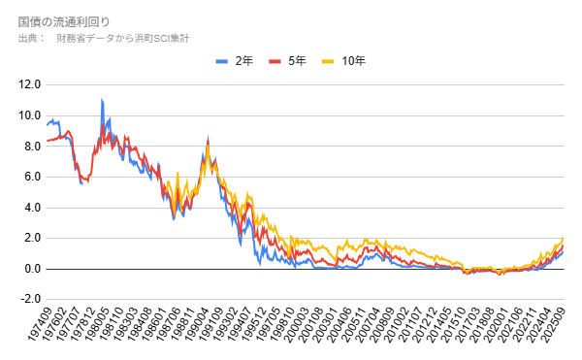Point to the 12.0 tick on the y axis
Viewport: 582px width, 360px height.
29,85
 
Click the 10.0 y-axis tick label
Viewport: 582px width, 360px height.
29,115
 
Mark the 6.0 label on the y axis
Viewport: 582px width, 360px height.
29,177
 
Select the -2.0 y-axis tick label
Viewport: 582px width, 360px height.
28,299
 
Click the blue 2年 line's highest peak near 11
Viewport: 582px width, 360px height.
102,100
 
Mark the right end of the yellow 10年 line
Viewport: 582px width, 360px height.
563,239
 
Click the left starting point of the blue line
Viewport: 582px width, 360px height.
47,124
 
